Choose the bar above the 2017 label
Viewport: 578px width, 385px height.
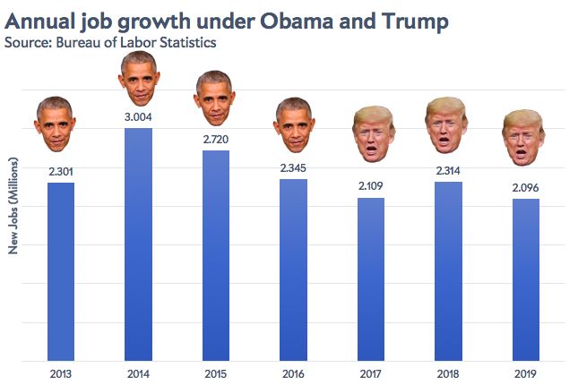370,278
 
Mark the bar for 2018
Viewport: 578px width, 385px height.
448,271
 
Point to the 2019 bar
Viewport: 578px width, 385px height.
525,279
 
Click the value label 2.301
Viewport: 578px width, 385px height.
60,170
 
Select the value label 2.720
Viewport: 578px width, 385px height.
215,140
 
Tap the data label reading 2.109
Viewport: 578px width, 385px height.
370,186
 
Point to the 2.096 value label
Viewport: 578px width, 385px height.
525,187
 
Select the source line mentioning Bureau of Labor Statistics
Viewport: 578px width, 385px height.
110,41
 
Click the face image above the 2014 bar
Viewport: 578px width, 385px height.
137,80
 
